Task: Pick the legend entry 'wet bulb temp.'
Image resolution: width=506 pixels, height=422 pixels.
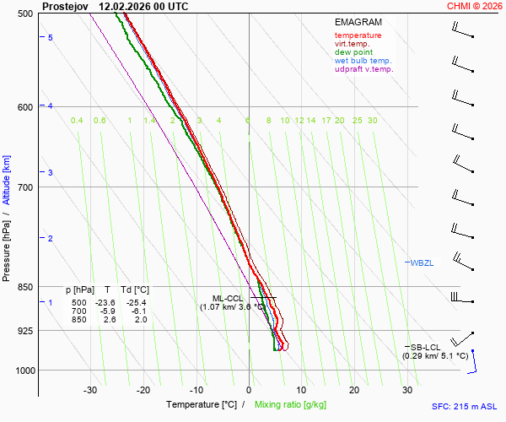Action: pyautogui.click(x=363, y=61)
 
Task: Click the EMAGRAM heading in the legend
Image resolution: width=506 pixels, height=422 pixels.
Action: pyautogui.click(x=358, y=22)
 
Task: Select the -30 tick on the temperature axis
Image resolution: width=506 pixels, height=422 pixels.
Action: pyautogui.click(x=90, y=390)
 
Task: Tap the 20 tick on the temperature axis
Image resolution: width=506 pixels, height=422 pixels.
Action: pyautogui.click(x=354, y=390)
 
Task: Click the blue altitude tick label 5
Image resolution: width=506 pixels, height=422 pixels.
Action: pyautogui.click(x=51, y=38)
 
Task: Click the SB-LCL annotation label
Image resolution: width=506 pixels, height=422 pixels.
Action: pyautogui.click(x=427, y=347)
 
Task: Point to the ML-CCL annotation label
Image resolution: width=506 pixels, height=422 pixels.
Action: pyautogui.click(x=228, y=298)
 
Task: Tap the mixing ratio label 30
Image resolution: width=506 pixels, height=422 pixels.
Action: pyautogui.click(x=372, y=121)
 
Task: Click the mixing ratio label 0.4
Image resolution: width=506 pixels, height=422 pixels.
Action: pyautogui.click(x=77, y=121)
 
